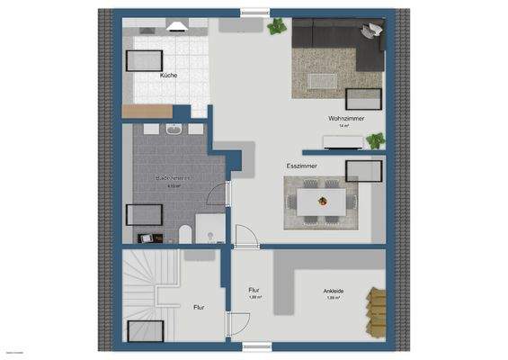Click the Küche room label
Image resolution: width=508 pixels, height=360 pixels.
click(168, 76)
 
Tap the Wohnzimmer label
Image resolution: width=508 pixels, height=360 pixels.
click(344, 118)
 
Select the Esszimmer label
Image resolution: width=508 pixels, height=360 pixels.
click(301, 167)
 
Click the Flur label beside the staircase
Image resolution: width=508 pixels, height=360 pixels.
click(199, 307)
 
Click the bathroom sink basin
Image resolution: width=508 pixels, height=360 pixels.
click(174, 130)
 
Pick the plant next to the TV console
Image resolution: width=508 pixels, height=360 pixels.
click(376, 139)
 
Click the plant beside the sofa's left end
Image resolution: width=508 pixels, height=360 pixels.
click(277, 28)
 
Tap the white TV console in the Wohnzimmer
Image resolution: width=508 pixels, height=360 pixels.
click(343, 140)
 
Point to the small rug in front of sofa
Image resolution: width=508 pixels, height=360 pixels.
click(322, 79)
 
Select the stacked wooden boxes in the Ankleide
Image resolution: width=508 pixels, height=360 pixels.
click(374, 311)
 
